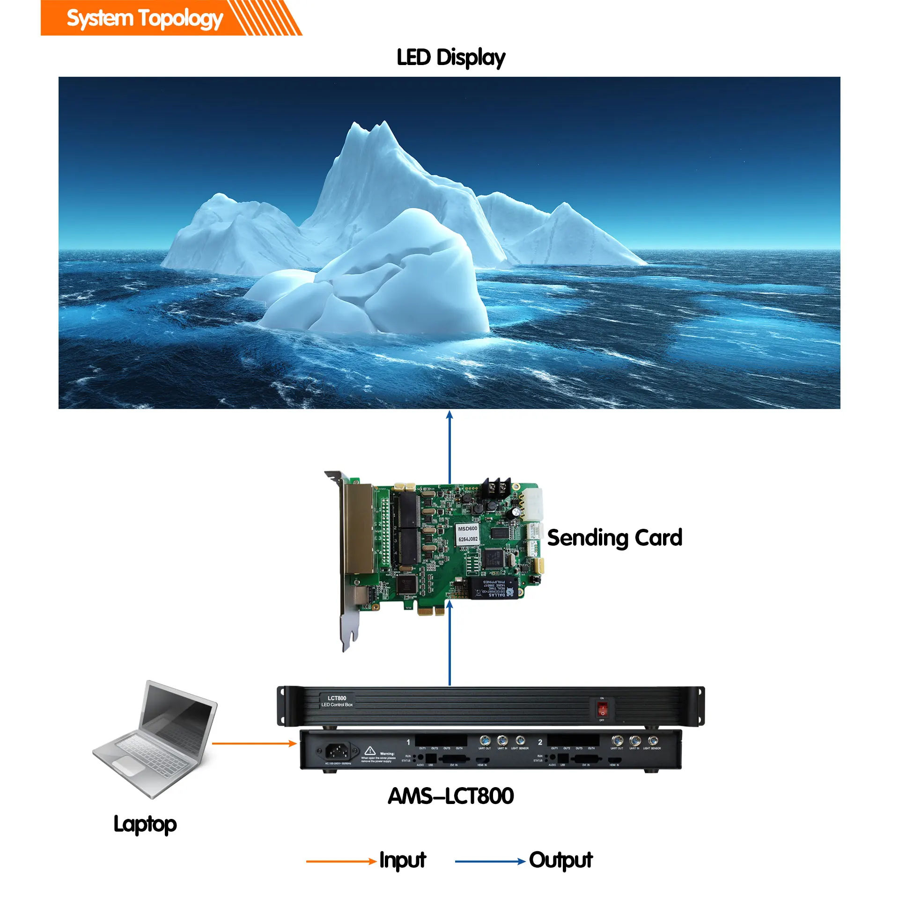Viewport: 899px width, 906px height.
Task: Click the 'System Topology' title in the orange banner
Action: [x=145, y=19]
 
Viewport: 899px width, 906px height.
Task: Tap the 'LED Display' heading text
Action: [x=450, y=58]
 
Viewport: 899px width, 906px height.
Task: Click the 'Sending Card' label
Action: [x=614, y=537]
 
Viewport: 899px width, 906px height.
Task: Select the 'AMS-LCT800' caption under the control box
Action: [x=450, y=796]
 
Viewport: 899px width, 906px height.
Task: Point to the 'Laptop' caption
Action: [x=145, y=824]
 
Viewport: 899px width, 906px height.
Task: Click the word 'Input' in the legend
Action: [x=402, y=860]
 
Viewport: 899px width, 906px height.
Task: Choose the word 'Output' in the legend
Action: [x=560, y=860]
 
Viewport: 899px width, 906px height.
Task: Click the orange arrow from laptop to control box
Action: [x=254, y=743]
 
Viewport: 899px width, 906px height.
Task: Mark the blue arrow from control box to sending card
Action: [x=449, y=643]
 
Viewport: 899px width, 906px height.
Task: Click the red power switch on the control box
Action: [x=602, y=709]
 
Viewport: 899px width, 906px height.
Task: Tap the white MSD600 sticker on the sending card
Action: [x=467, y=533]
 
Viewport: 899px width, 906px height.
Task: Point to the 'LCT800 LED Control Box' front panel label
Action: [x=337, y=701]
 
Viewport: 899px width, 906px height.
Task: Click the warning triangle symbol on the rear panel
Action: [x=370, y=750]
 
